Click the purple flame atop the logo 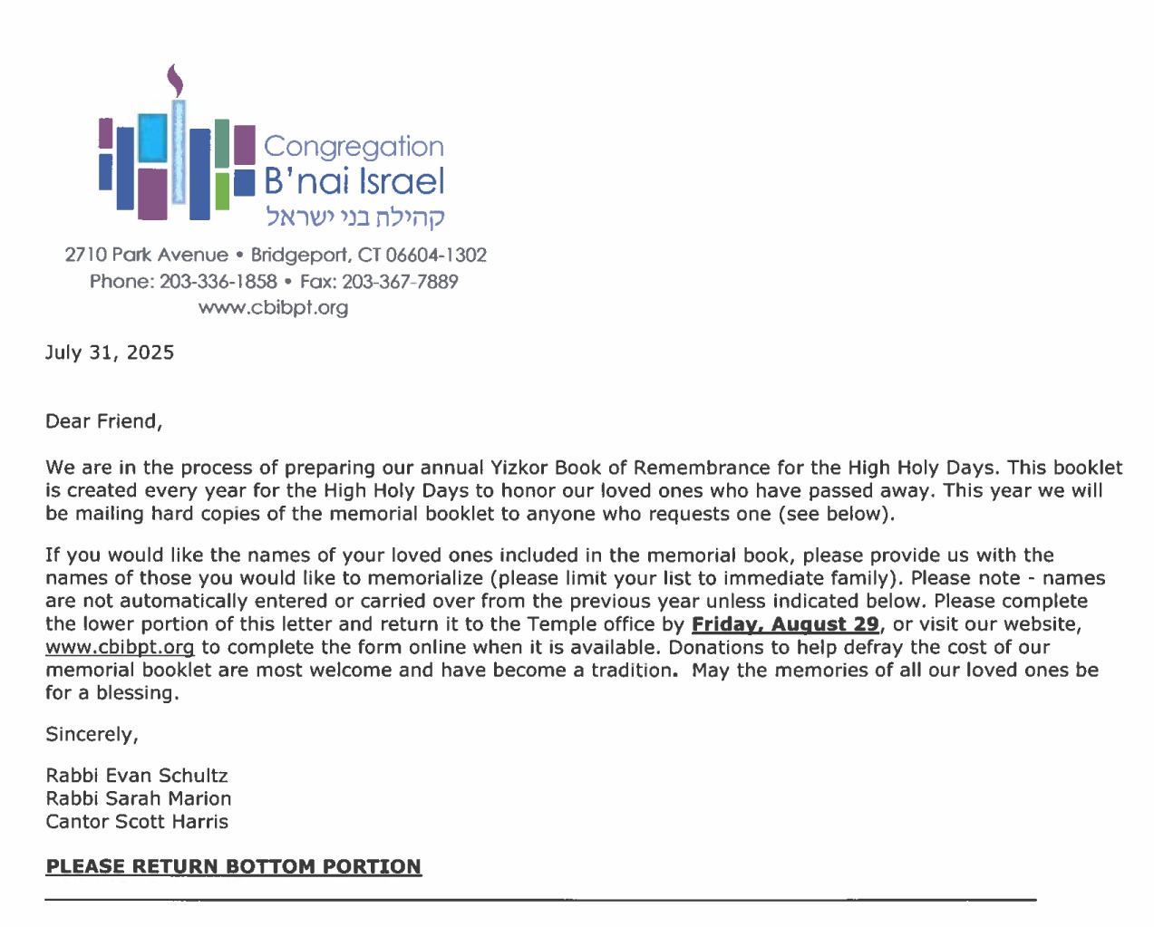coord(175,81)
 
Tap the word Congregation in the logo coord(354,147)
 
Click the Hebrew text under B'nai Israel coord(354,217)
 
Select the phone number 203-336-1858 coord(218,282)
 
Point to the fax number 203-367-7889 coord(400,282)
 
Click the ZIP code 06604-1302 coord(436,256)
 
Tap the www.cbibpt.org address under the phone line coord(273,308)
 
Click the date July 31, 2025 coord(110,352)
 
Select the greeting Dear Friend coord(103,421)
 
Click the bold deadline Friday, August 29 coord(785,624)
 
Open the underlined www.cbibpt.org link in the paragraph coord(120,648)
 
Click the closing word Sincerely coord(92,735)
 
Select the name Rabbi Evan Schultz coord(137,776)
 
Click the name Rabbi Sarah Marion coord(139,799)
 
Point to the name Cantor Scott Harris coord(137,822)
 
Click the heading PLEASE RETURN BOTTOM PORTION coord(233,867)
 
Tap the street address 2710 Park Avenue coord(147,256)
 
